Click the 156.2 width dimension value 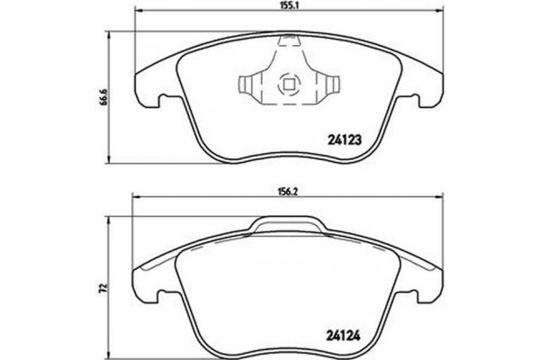289,192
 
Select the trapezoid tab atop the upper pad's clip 290,40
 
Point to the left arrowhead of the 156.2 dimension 135,199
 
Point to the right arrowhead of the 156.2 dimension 443,199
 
